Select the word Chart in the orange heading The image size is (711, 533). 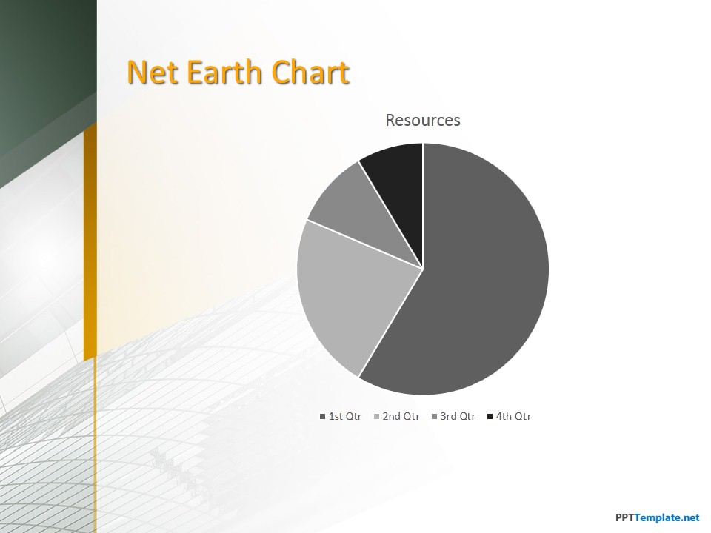tap(310, 72)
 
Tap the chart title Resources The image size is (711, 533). tap(423, 120)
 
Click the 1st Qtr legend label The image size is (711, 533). tap(345, 416)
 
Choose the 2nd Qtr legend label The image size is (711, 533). tap(401, 416)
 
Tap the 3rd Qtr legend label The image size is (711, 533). tap(458, 416)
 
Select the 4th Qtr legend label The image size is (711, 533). tap(513, 416)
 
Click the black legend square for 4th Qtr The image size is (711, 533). tap(490, 417)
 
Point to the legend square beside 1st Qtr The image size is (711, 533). tap(322, 417)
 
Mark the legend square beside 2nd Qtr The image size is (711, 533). tap(376, 417)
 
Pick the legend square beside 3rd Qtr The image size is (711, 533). tap(434, 417)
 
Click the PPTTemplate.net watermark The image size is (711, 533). tap(658, 517)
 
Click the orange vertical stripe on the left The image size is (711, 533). tap(90, 240)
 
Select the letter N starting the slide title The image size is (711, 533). tap(136, 72)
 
